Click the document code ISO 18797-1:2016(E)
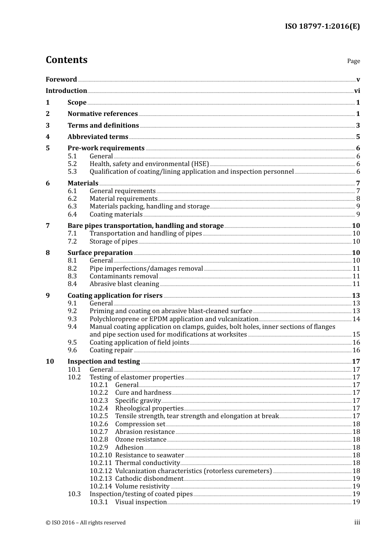[x=322, y=26]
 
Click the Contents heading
[x=66, y=60]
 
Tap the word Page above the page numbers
[x=353, y=61]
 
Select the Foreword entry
[x=61, y=79]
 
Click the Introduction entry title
[x=66, y=90]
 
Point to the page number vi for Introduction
[x=357, y=90]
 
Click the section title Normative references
[x=103, y=114]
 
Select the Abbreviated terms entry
[x=98, y=137]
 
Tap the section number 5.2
[x=72, y=164]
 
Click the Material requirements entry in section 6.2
[x=123, y=198]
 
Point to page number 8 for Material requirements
[x=358, y=198]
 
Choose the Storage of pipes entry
[x=114, y=241]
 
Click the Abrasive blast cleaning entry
[x=124, y=284]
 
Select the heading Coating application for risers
[x=115, y=295]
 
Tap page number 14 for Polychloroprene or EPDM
[x=356, y=319]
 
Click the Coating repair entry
[x=111, y=350]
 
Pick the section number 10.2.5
[x=99, y=416]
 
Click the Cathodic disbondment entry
[x=149, y=478]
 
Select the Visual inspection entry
[x=141, y=502]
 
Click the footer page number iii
[x=357, y=522]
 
